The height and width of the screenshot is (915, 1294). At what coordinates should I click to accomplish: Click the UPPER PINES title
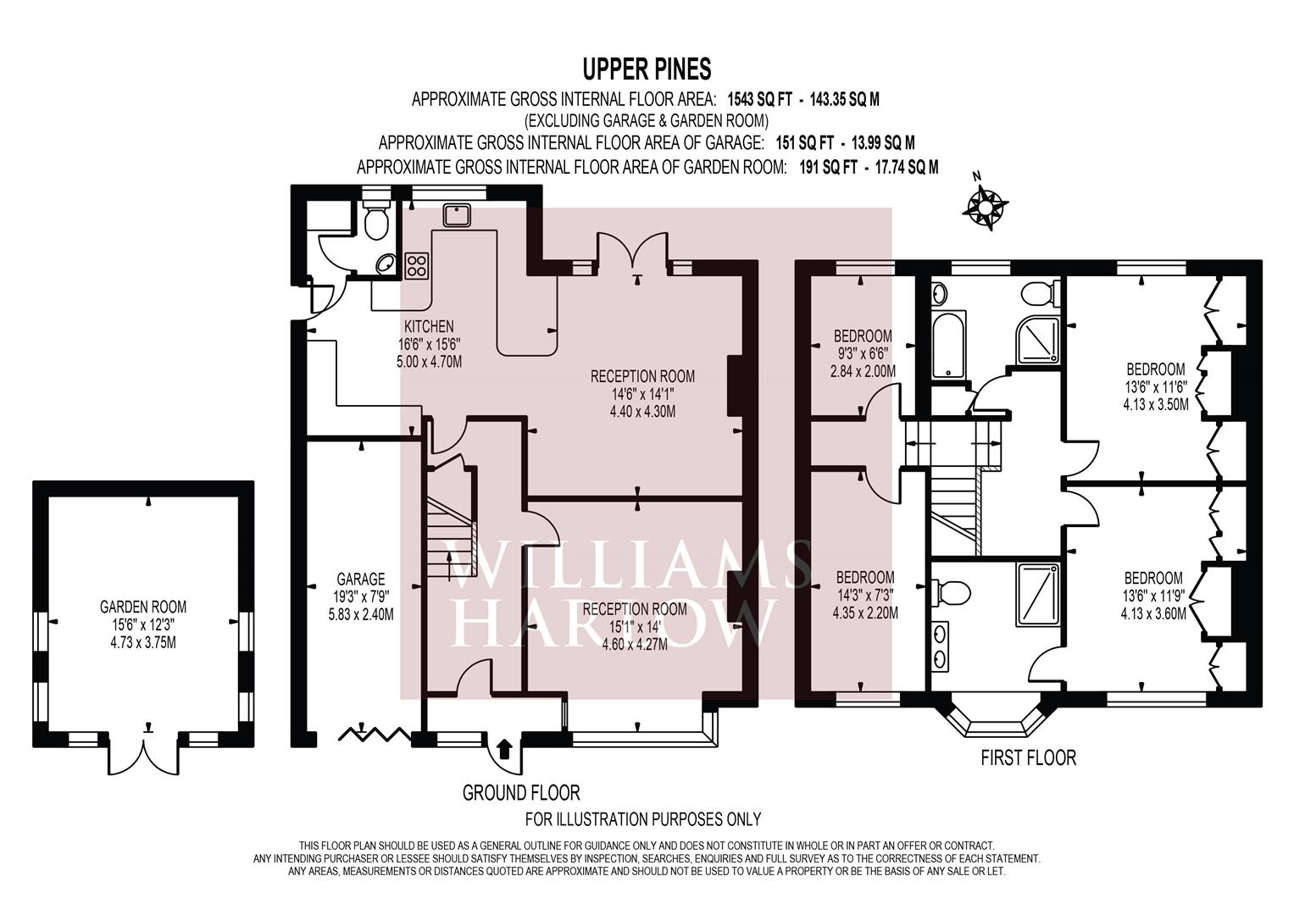(647, 69)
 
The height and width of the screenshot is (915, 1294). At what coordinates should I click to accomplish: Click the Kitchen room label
(429, 326)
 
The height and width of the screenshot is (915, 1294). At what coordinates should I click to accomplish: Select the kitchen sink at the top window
(457, 215)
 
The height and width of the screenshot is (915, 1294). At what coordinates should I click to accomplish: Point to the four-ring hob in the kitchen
(417, 266)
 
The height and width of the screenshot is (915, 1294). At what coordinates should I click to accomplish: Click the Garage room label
(361, 579)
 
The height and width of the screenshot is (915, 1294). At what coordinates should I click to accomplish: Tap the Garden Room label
(143, 607)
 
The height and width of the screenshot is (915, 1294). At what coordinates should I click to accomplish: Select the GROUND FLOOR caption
(521, 793)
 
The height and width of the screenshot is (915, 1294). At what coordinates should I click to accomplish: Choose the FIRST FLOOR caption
(1028, 757)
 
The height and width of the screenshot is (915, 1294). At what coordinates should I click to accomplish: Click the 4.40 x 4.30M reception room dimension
(642, 412)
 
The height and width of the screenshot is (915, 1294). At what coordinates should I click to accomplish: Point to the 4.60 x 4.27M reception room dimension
(635, 644)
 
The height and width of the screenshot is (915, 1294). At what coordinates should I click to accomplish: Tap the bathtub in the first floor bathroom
(948, 345)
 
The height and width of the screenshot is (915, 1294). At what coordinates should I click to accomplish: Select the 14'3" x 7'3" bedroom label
(865, 595)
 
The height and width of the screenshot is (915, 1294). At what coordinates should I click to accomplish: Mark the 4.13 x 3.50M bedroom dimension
(1155, 404)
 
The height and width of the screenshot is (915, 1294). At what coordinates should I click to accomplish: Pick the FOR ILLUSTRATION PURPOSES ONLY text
(643, 819)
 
